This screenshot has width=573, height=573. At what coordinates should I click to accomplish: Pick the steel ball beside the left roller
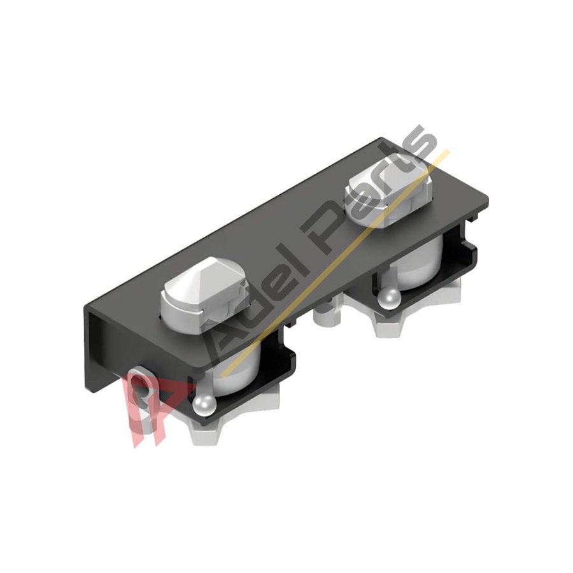coord(204,403)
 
